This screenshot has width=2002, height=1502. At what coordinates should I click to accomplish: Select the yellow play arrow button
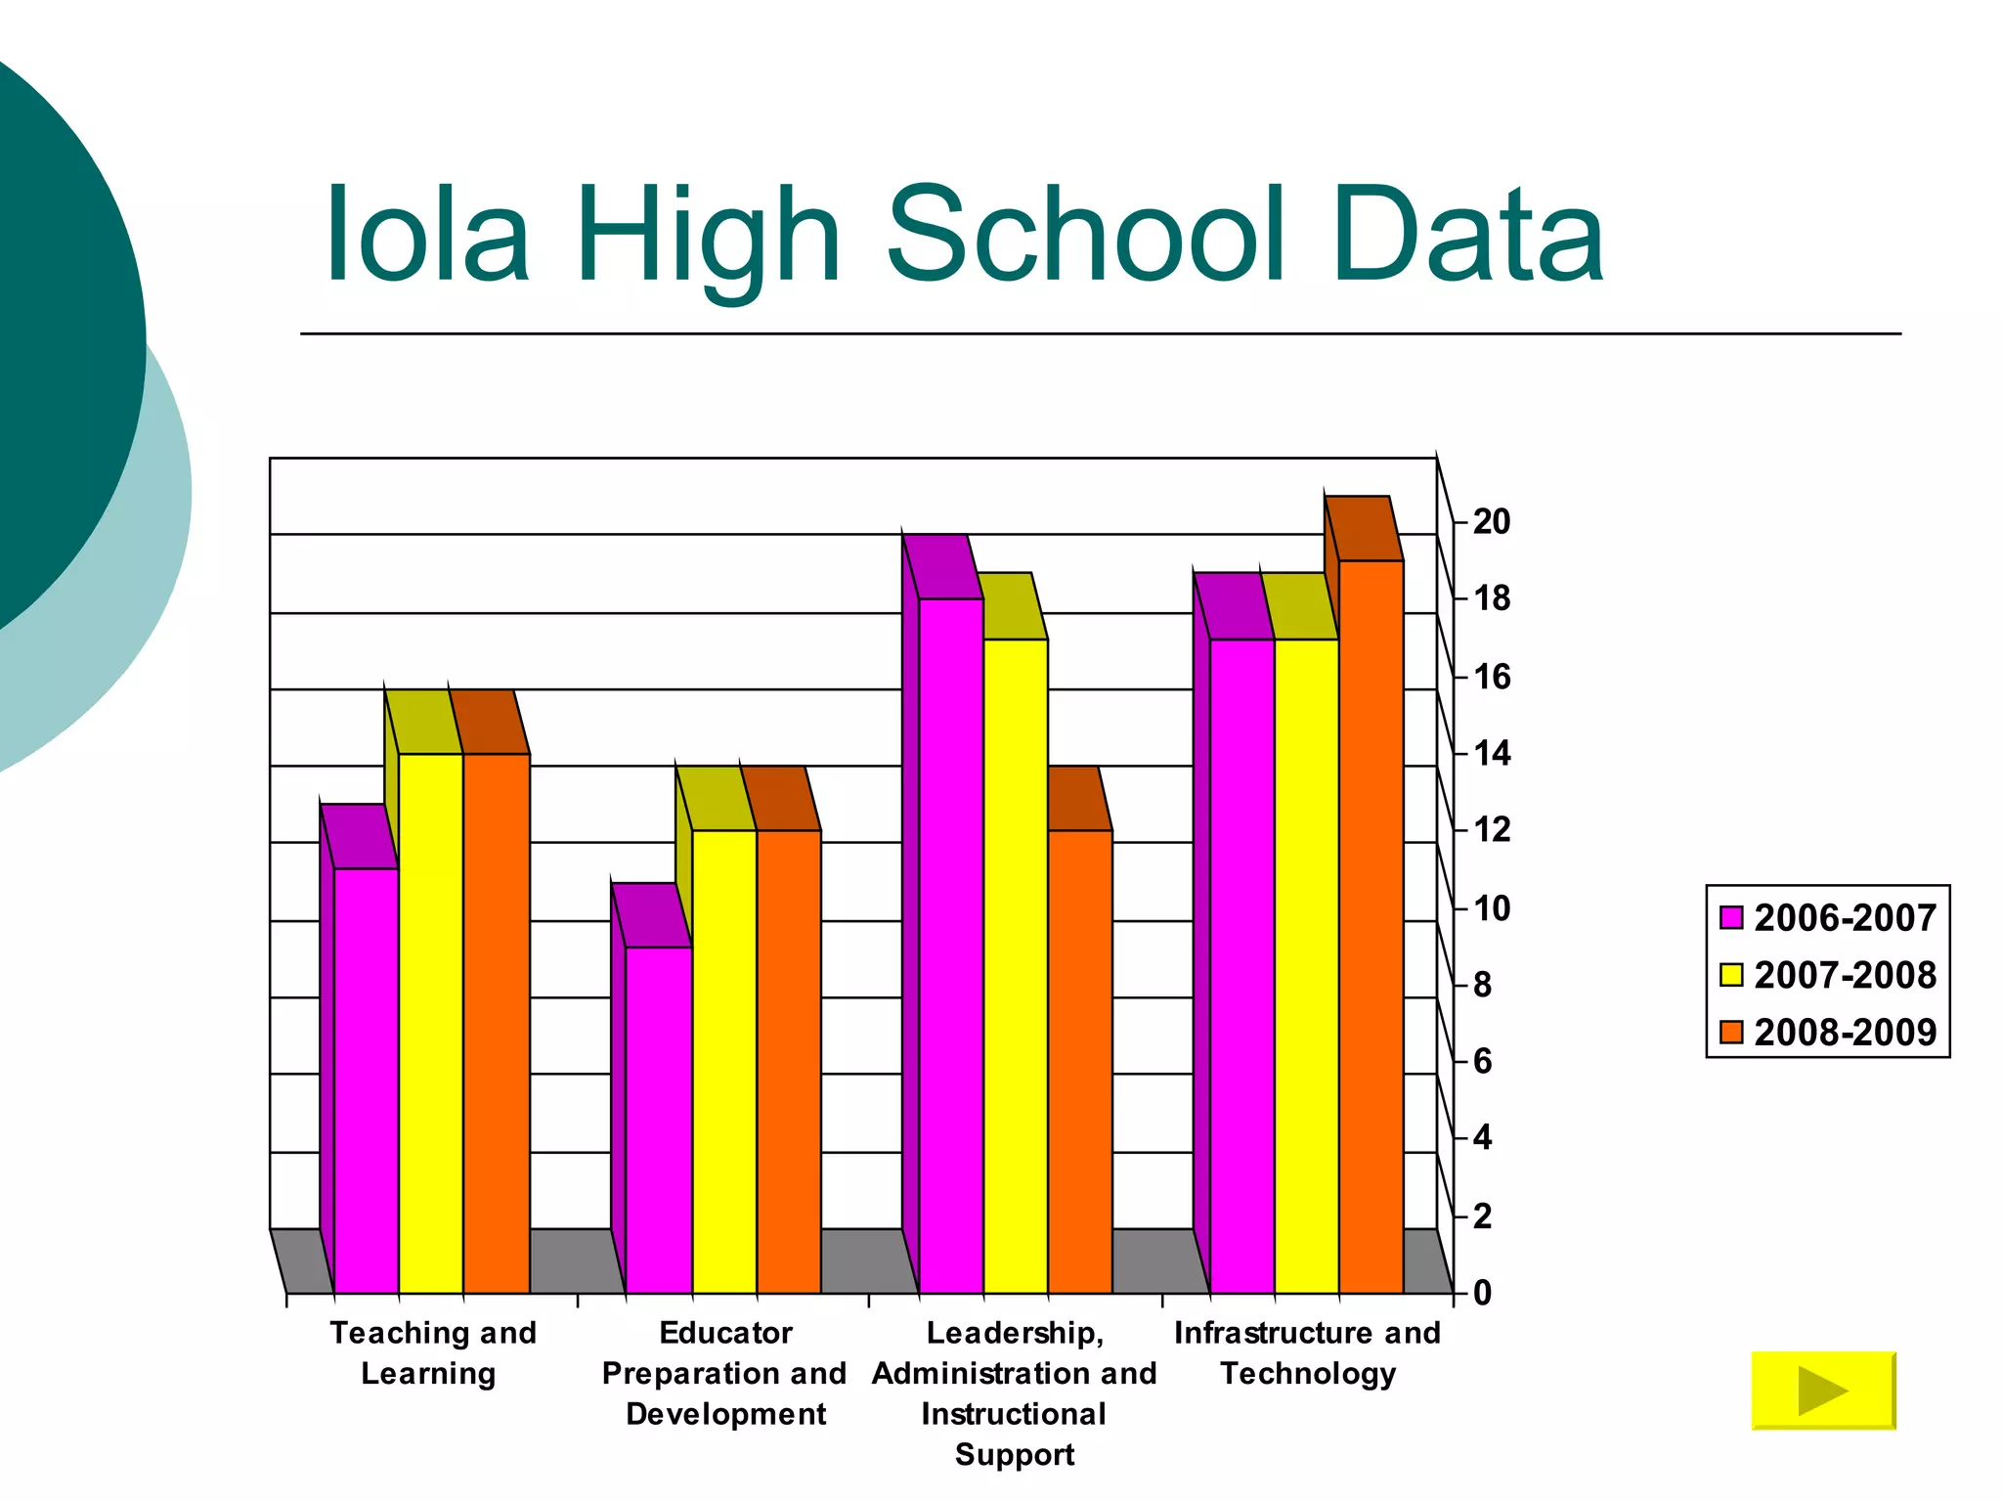click(1823, 1391)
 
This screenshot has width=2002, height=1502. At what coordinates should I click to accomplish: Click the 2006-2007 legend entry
click(1828, 918)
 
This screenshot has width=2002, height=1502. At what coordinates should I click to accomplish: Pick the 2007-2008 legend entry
click(1828, 975)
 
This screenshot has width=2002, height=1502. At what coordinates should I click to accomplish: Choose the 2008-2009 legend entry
click(1828, 1033)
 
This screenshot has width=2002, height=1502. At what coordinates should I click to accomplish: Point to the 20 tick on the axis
click(1491, 522)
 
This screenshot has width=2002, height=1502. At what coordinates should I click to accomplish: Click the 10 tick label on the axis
click(1491, 908)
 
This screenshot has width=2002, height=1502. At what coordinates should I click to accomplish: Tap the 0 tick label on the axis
click(1482, 1293)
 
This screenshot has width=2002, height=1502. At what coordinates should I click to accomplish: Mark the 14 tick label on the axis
click(1491, 754)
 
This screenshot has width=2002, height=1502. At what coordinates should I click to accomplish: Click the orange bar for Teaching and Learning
click(497, 1022)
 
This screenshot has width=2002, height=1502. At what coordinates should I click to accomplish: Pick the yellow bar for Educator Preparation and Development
click(724, 1061)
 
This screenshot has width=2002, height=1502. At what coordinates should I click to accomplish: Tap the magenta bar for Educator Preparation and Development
click(659, 1120)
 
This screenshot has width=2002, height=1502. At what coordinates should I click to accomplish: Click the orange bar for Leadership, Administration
click(1080, 1061)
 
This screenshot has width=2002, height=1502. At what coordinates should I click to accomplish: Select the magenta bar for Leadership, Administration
click(951, 944)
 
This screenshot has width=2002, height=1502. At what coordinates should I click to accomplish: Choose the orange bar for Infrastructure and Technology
click(1371, 924)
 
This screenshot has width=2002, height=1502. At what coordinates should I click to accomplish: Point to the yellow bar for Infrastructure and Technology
click(1306, 963)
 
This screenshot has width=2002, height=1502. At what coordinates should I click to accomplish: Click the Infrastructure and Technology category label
click(1307, 1353)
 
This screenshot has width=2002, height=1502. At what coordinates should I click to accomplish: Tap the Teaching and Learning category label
click(432, 1353)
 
